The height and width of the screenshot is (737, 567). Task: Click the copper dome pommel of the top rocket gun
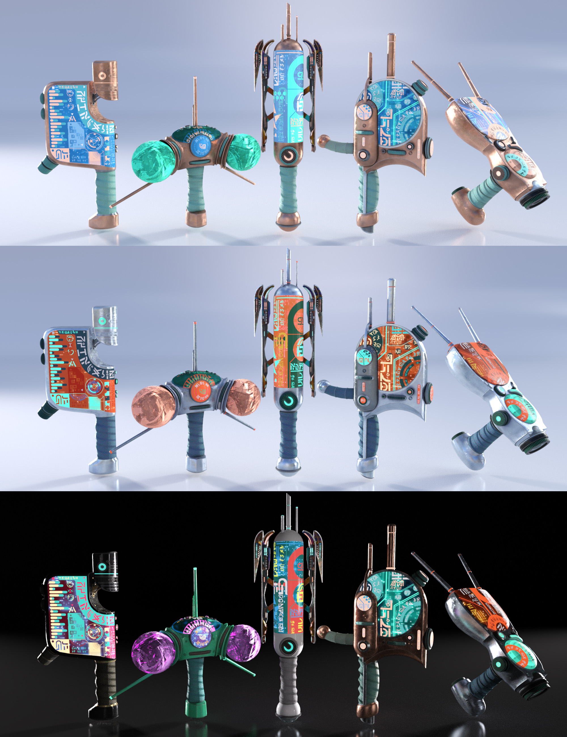click(x=289, y=220)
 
